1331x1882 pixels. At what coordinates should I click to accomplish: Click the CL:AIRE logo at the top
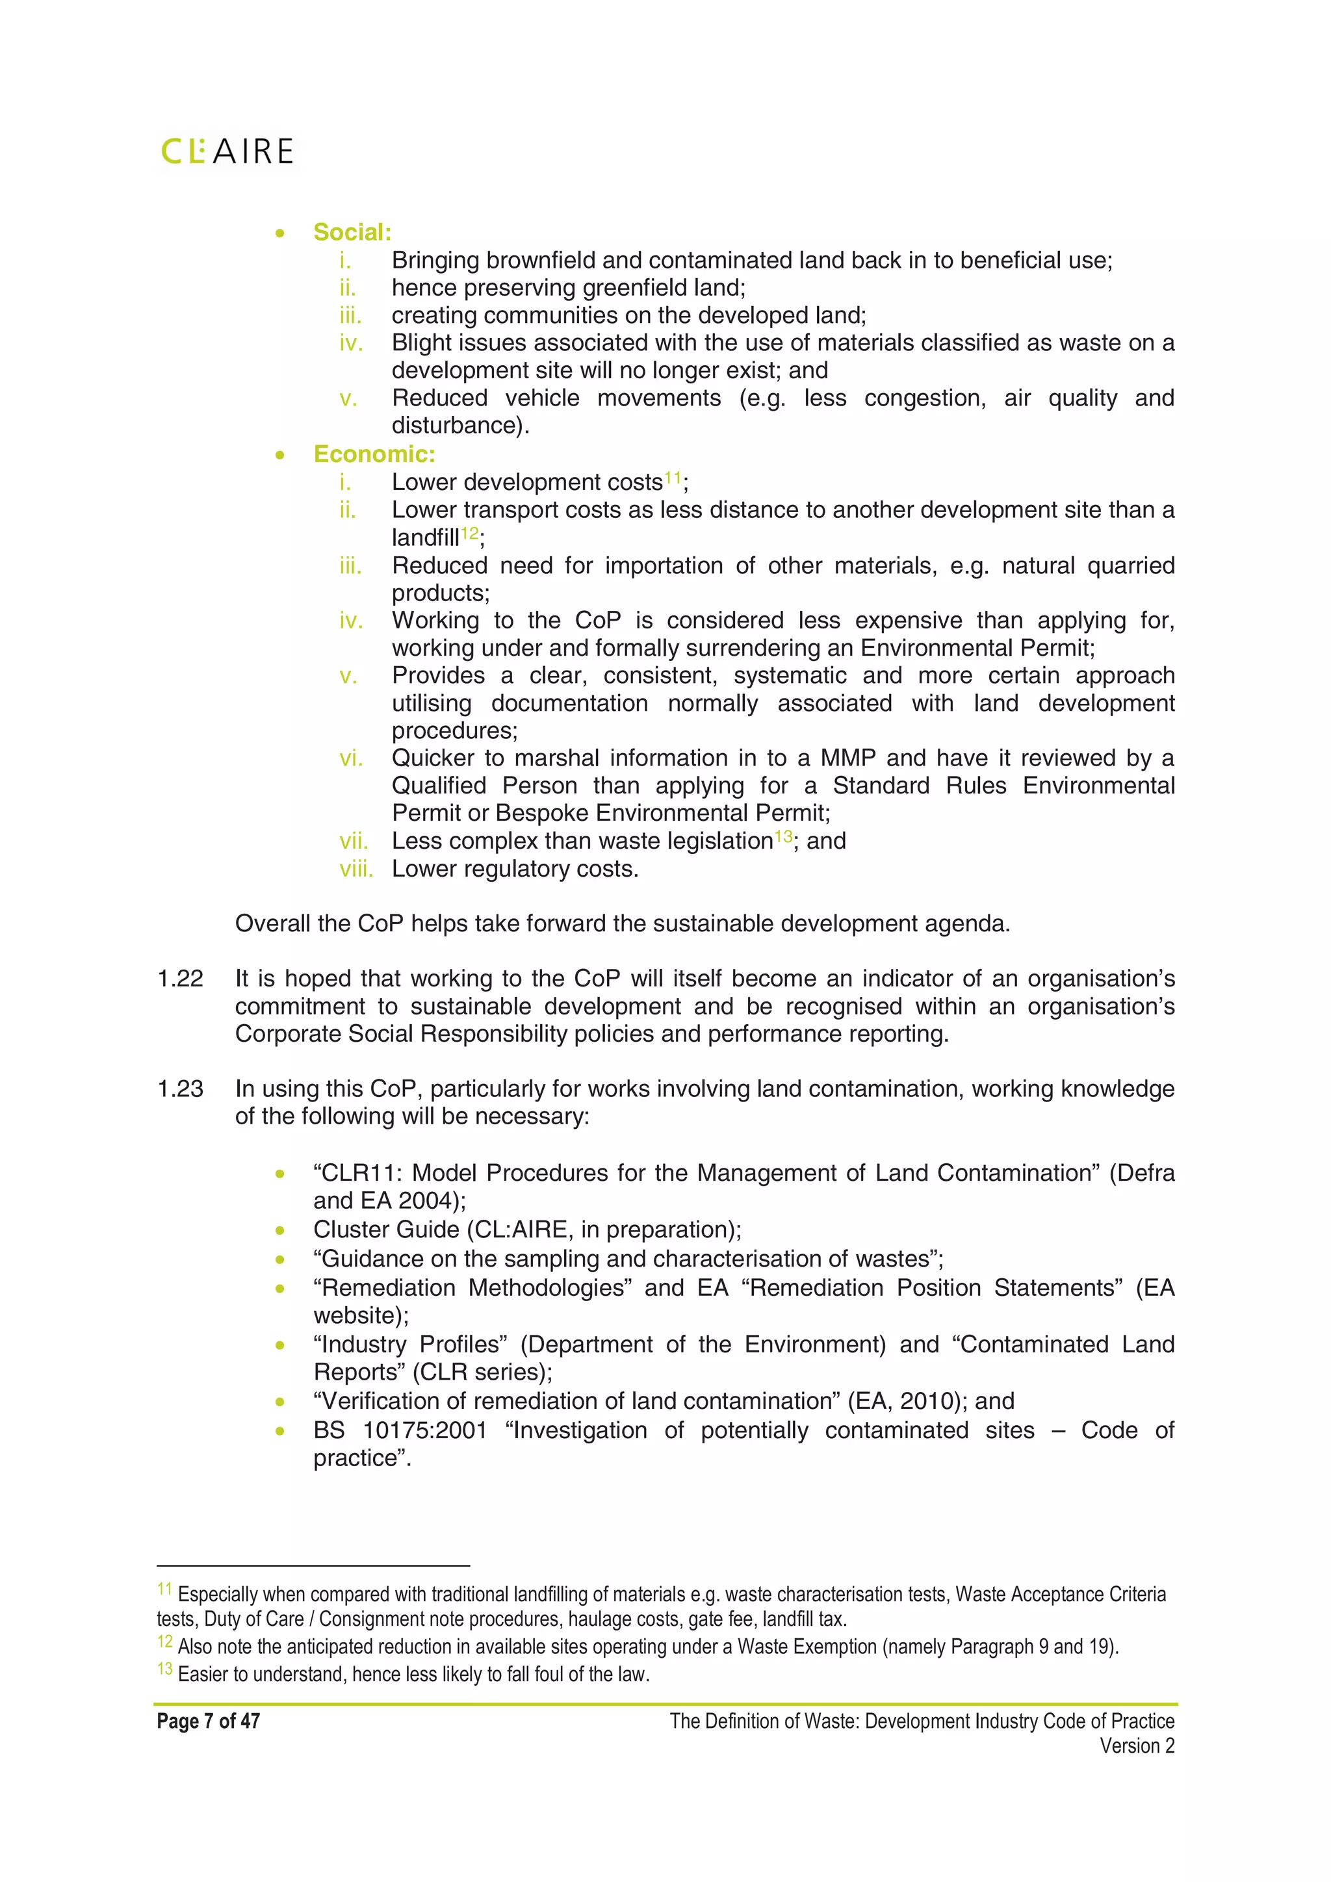tap(227, 151)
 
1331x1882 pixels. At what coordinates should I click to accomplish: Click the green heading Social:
tap(352, 232)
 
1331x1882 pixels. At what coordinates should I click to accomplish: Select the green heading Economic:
tap(374, 454)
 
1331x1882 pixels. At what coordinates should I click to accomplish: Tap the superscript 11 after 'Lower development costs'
tap(672, 477)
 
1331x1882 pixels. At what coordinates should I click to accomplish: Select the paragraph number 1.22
tap(179, 979)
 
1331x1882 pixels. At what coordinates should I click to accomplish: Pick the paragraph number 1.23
tap(179, 1089)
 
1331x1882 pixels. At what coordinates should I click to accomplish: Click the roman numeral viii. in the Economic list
tap(355, 869)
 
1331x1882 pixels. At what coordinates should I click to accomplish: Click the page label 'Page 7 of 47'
tap(208, 1721)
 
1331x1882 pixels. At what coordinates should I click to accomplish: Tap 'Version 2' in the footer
tap(1137, 1746)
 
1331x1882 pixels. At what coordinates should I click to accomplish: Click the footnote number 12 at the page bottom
tap(164, 1642)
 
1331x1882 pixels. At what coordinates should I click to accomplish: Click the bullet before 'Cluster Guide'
tap(280, 1230)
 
